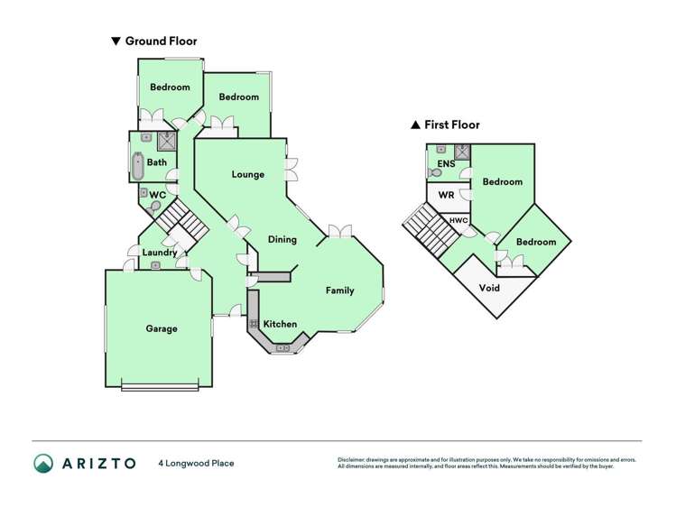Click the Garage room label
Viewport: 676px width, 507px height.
click(162, 329)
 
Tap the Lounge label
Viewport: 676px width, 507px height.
click(247, 174)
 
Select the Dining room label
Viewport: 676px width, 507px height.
click(282, 239)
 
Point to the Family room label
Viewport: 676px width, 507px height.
click(339, 290)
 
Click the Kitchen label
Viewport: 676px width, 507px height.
click(280, 324)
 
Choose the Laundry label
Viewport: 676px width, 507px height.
click(160, 253)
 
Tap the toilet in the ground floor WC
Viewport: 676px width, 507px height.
click(156, 207)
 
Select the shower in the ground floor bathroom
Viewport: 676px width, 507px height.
click(166, 140)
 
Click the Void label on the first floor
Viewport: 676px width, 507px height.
click(489, 289)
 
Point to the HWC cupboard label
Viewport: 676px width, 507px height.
click(458, 220)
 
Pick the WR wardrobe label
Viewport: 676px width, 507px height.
click(446, 195)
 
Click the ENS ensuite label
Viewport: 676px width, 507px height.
click(446, 164)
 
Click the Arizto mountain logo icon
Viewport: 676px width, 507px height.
click(43, 463)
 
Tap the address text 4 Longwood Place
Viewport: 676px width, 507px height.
click(196, 464)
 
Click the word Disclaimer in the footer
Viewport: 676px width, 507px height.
click(356, 459)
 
